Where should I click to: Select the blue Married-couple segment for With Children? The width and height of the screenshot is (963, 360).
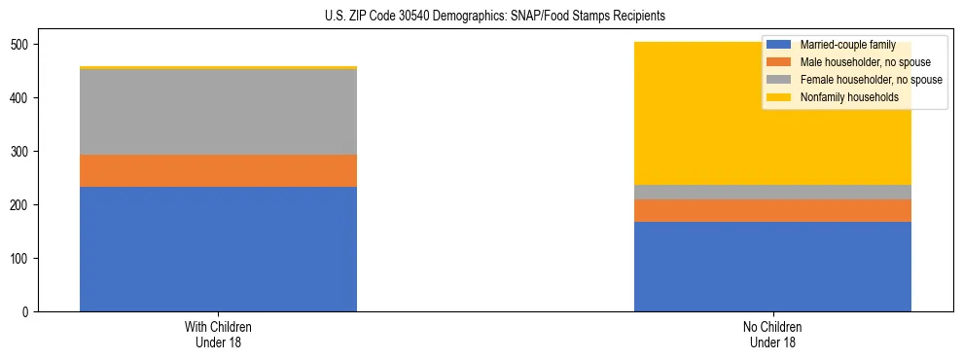coord(218,249)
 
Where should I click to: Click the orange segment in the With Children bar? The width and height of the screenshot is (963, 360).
coord(218,170)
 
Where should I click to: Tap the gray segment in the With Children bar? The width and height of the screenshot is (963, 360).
coord(218,112)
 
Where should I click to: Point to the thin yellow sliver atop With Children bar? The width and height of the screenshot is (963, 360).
coord(218,67)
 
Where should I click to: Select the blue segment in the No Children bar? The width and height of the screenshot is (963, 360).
coord(772,267)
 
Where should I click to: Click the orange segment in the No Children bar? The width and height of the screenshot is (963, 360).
coord(772,210)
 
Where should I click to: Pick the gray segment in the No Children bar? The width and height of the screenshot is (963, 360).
coord(772,192)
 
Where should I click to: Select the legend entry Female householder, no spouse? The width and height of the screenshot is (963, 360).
coord(870,80)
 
